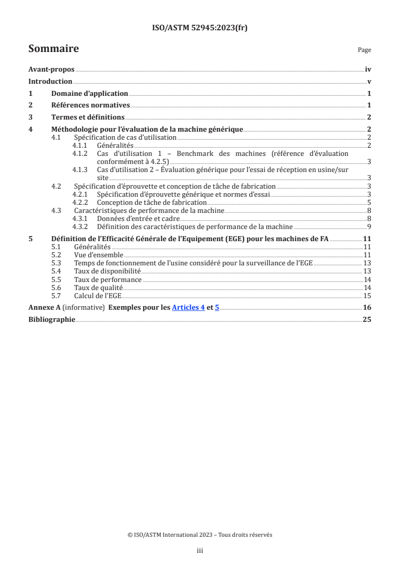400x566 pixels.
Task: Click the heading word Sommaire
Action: (53, 49)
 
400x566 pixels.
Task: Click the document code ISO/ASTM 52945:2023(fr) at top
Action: (200, 28)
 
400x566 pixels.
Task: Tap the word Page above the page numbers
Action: (364, 50)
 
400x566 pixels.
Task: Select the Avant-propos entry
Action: (51, 70)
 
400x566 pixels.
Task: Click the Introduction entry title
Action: (50, 82)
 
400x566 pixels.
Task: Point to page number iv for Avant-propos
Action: (368, 70)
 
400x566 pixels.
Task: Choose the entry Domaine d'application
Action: (89, 93)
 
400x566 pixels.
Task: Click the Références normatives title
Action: (91, 105)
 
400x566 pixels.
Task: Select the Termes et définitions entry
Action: (88, 117)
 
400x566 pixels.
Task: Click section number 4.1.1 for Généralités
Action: (81, 145)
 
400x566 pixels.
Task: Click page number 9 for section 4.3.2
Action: (369, 226)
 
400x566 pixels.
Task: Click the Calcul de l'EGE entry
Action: (97, 296)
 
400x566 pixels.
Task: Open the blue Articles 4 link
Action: (188, 307)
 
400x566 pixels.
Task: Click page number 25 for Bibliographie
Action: (367, 319)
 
